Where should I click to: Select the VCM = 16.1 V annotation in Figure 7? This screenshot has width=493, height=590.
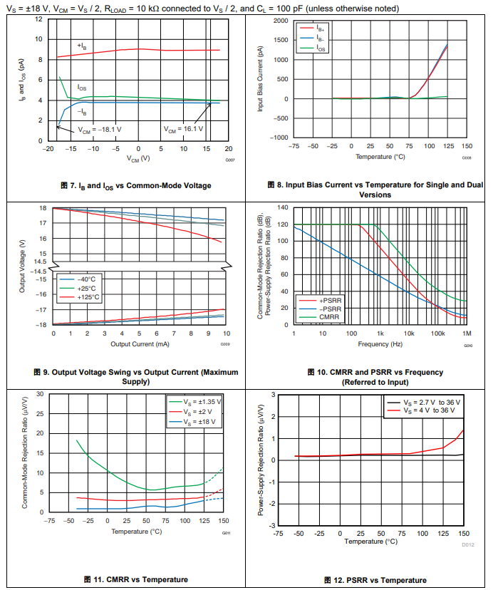pos(184,130)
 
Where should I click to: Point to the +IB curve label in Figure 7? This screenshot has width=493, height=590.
pos(83,46)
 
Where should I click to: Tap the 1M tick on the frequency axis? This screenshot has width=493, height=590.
pos(467,334)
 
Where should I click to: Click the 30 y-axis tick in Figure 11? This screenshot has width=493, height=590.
pos(40,394)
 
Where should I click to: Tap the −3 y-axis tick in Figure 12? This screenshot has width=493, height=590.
pos(271,526)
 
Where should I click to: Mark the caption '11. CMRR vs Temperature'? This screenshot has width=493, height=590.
pos(135,579)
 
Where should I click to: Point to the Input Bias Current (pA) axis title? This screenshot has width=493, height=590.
pos(261,78)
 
